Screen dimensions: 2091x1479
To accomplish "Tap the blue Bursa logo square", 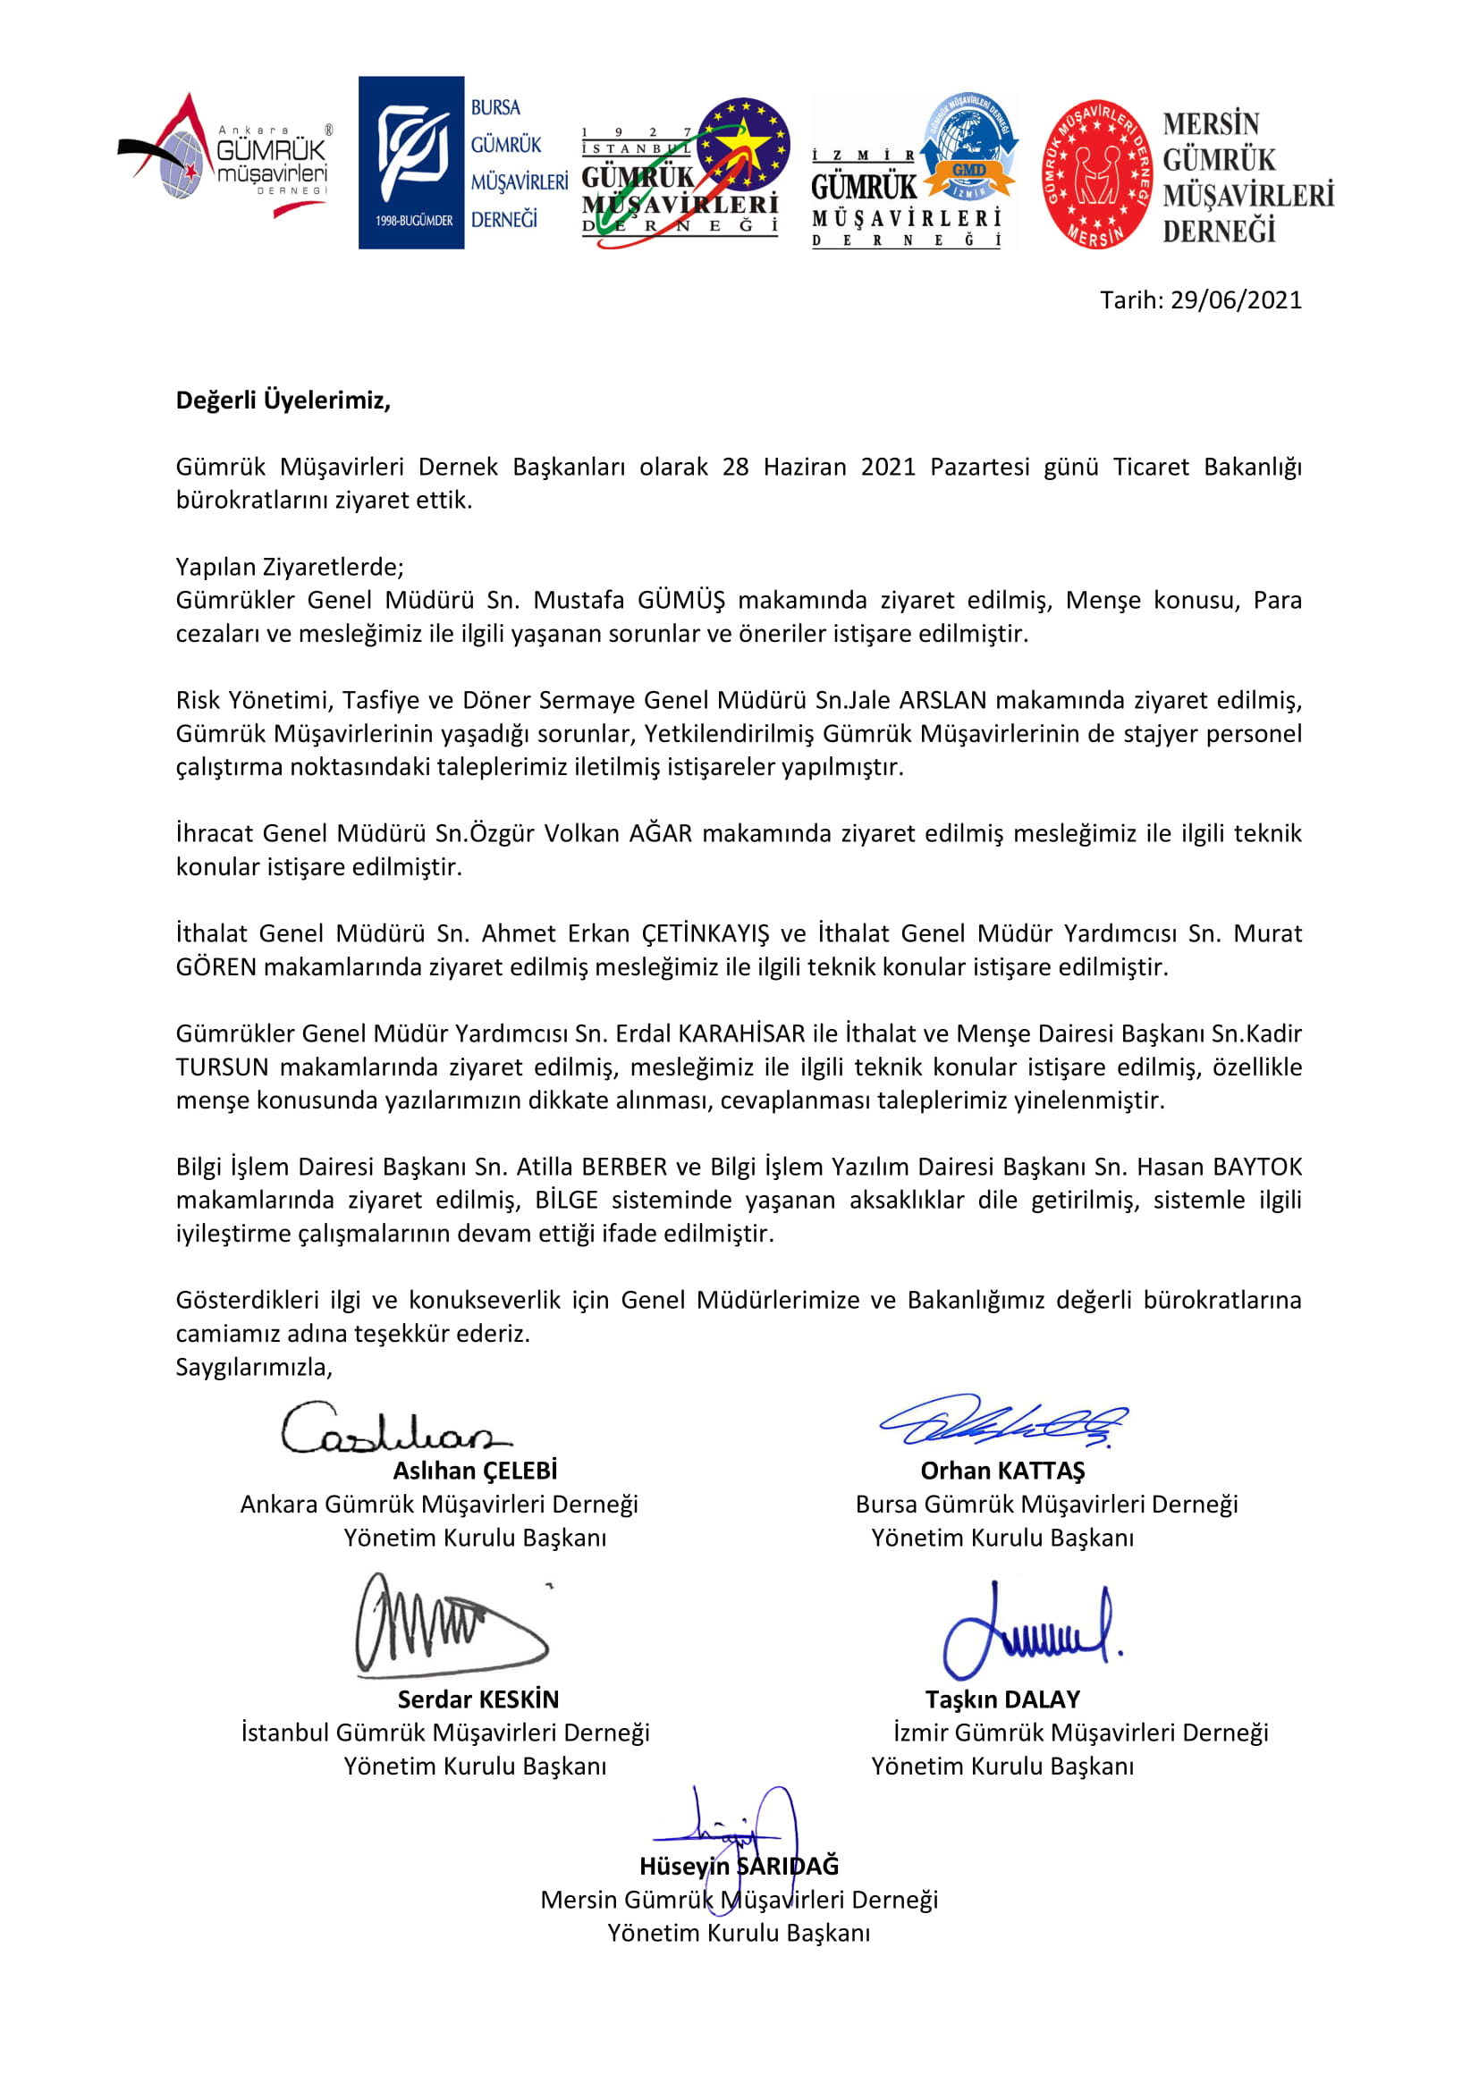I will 411,162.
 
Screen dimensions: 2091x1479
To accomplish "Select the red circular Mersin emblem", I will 1096,174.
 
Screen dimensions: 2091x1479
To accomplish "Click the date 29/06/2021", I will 1236,300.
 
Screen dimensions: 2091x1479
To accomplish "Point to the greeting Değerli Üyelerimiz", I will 283,400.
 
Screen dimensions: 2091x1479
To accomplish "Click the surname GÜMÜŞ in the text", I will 681,600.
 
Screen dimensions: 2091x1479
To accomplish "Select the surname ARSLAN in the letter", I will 942,700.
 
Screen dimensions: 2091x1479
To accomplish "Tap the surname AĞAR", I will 660,833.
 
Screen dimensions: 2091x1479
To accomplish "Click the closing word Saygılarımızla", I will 254,1367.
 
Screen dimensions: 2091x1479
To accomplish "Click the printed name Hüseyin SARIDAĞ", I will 739,1867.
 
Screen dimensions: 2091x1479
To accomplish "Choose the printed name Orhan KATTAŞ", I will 1002,1471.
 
